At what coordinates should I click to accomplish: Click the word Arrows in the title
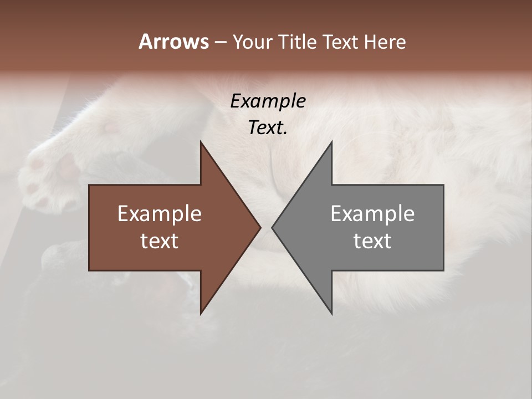pyautogui.click(x=173, y=42)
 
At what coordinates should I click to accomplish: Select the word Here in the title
pyautogui.click(x=385, y=42)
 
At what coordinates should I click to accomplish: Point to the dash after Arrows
pyautogui.click(x=220, y=42)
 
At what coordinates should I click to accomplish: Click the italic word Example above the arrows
pyautogui.click(x=268, y=101)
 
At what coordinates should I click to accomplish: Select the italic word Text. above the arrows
pyautogui.click(x=268, y=127)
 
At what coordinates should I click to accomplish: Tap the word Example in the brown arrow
pyautogui.click(x=160, y=213)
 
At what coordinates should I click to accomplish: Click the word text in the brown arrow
pyautogui.click(x=160, y=241)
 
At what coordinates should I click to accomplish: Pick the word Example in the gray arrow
pyautogui.click(x=372, y=213)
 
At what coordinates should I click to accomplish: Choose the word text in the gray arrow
pyautogui.click(x=372, y=241)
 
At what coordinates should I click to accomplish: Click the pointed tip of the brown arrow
pyautogui.click(x=260, y=227)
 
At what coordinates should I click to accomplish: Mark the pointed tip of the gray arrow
pyautogui.click(x=273, y=227)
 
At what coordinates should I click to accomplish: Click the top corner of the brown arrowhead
pyautogui.click(x=201, y=142)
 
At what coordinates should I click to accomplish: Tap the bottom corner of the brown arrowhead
pyautogui.click(x=201, y=313)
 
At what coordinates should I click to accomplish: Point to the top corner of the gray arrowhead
pyautogui.click(x=331, y=142)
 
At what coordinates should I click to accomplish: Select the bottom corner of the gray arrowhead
pyautogui.click(x=331, y=313)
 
